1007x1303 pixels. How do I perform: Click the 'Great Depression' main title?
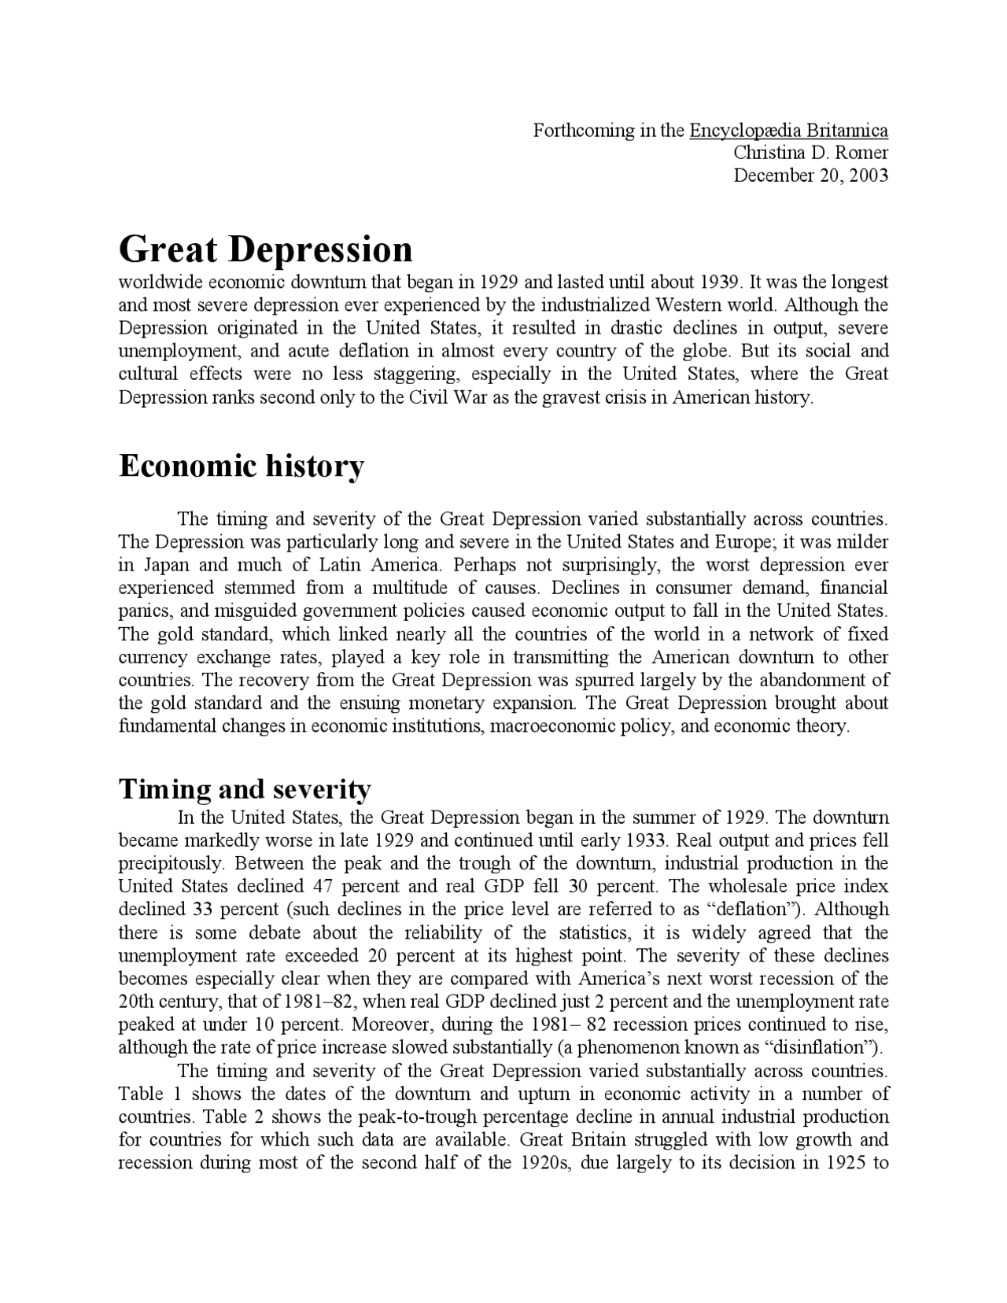(x=265, y=249)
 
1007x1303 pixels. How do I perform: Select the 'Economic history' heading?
(x=242, y=466)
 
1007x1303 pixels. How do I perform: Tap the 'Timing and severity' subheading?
(x=244, y=788)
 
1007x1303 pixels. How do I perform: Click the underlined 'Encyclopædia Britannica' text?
(x=788, y=131)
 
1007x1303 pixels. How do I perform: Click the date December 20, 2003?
(x=810, y=175)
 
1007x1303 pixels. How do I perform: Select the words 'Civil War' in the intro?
(x=442, y=397)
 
